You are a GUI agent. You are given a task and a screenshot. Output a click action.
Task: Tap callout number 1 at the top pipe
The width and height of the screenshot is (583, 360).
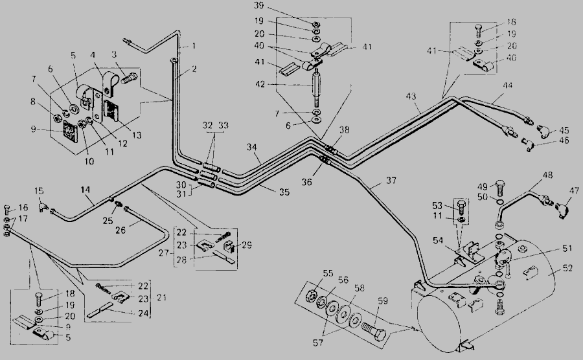pyautogui.click(x=192, y=46)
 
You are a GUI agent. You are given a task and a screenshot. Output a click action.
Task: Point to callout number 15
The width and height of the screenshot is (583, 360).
pyautogui.click(x=39, y=190)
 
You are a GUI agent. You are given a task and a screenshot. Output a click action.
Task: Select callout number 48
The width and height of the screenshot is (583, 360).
pyautogui.click(x=548, y=175)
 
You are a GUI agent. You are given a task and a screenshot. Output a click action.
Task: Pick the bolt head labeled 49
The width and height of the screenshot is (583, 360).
pyautogui.click(x=501, y=186)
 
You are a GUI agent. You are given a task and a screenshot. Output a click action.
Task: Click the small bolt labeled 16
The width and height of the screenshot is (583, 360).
pyautogui.click(x=7, y=209)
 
